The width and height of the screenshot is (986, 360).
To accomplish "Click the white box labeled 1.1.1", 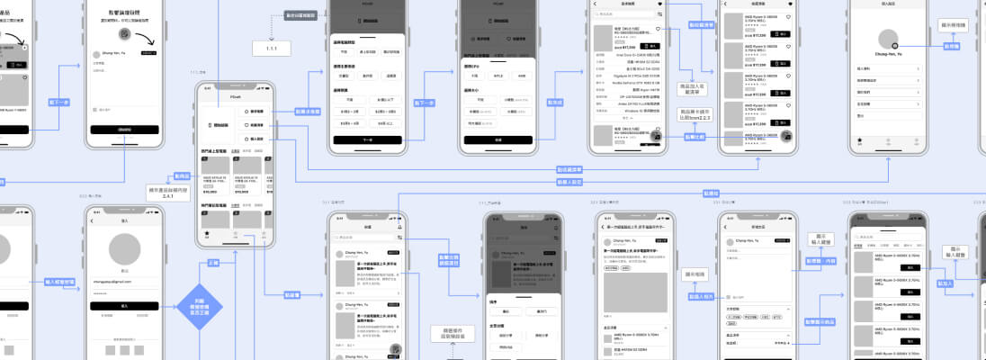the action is (271, 49).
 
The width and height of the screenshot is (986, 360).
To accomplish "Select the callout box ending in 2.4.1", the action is (166, 193).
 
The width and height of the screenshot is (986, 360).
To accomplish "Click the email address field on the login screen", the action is (124, 282).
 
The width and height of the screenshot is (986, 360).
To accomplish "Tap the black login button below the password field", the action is (124, 306).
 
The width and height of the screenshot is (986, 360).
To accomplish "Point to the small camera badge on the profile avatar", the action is (894, 45).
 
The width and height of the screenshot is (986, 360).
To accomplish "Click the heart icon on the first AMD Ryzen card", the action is (788, 18).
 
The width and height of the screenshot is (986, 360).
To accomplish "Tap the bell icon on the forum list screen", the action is (400, 228).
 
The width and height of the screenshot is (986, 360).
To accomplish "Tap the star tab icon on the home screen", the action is (208, 234).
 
